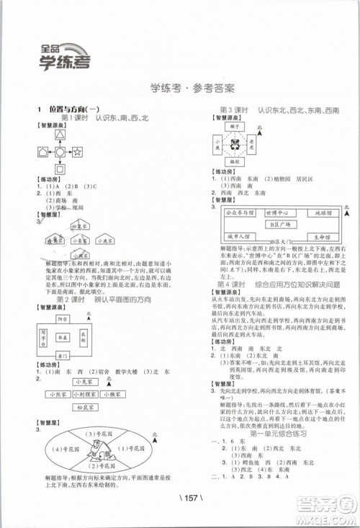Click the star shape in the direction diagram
[76, 151]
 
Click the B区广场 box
[276, 224]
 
